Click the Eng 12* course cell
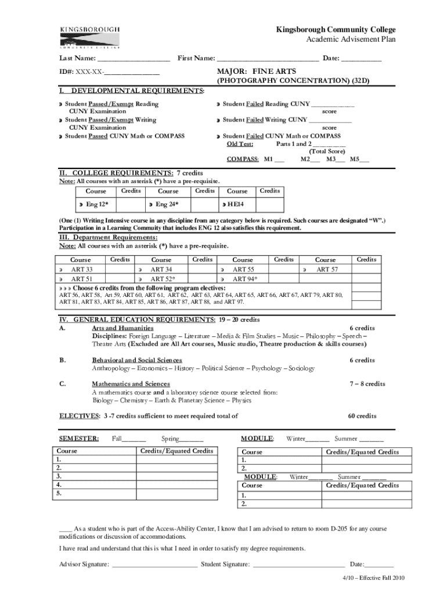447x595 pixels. [x=97, y=205]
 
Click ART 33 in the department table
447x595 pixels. [x=81, y=270]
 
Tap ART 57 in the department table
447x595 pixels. [x=327, y=270]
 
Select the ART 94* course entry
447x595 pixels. [x=246, y=279]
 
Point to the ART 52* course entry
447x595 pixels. [x=163, y=279]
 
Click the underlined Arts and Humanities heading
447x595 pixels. [x=122, y=328]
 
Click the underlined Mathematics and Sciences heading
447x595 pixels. [x=131, y=384]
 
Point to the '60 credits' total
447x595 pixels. [x=362, y=416]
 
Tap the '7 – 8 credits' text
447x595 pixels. [x=367, y=384]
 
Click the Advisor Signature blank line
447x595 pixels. [x=154, y=564]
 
